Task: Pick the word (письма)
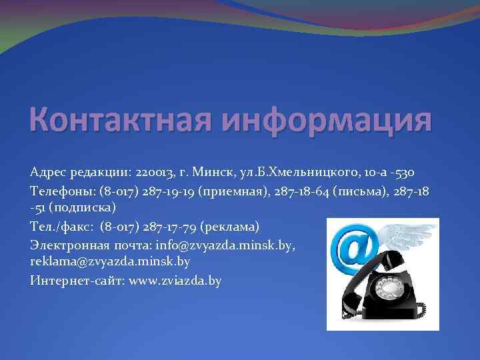pyautogui.click(x=362, y=191)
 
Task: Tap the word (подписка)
pyautogui.click(x=84, y=209)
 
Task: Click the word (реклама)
pyautogui.click(x=227, y=227)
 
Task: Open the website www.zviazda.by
pyautogui.click(x=175, y=280)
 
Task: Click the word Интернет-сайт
pyautogui.click(x=77, y=280)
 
